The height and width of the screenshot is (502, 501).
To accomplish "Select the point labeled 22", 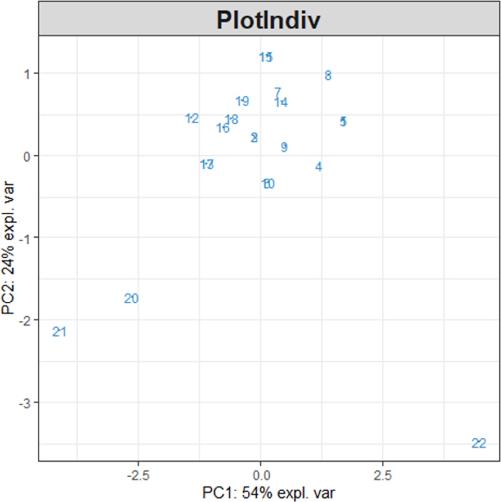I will pos(479,444).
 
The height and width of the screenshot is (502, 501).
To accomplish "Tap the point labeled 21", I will pos(59,332).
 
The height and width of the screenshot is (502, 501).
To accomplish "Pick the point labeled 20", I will pos(131,298).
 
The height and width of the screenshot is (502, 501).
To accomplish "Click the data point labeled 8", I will pos(328,75).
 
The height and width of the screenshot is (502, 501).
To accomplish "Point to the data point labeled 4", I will pos(319,167).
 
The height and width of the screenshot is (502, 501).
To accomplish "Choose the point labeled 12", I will pos(192,119).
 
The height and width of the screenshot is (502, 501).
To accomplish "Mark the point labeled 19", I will pos(242,101).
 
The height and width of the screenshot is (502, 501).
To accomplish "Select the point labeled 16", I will pos(223,128).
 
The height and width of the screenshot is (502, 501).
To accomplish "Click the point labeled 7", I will pos(277,92).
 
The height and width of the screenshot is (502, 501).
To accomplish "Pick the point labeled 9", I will pos(284,147).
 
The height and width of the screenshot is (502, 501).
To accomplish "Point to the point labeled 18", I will pos(232,120).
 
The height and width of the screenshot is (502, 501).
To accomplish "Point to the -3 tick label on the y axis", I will pos(26,402).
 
